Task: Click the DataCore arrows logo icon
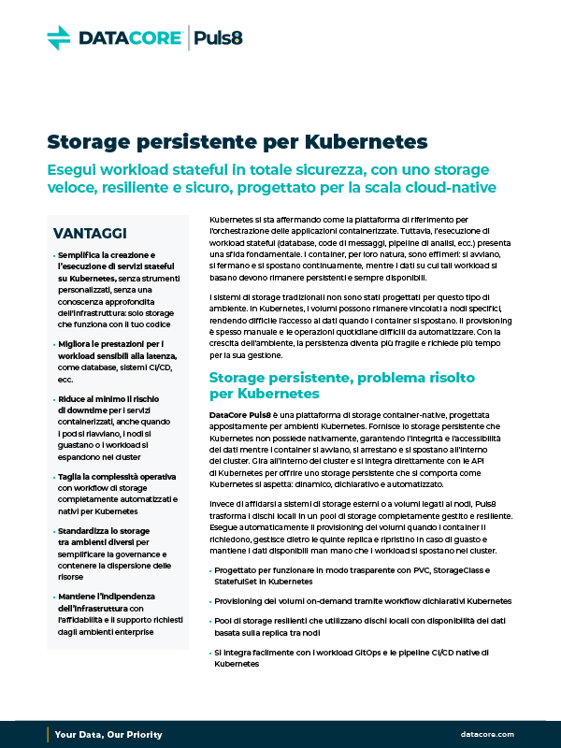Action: pos(59,37)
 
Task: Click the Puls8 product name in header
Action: pos(223,37)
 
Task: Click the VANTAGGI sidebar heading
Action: pos(91,233)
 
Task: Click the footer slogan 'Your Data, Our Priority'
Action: pos(104,735)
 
